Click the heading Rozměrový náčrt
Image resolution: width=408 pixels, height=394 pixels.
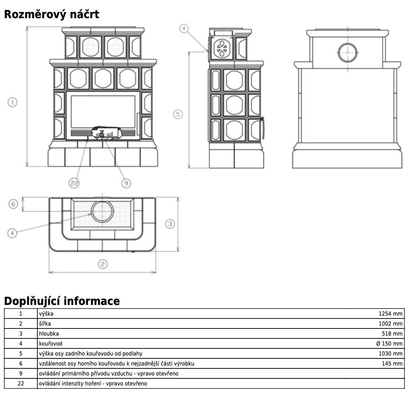pyautogui.click(x=51, y=15)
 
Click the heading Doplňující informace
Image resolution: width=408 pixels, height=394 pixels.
pyautogui.click(x=62, y=301)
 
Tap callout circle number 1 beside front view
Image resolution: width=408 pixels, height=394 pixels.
pyautogui.click(x=12, y=102)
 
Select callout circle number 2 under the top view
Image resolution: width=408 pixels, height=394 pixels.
pyautogui.click(x=103, y=264)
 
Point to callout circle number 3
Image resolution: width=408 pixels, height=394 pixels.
pyautogui.click(x=170, y=224)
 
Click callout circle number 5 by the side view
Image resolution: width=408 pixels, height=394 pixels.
pyautogui.click(x=179, y=114)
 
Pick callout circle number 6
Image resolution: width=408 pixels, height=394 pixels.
pyautogui.click(x=13, y=204)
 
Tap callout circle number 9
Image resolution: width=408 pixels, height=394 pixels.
pyautogui.click(x=126, y=183)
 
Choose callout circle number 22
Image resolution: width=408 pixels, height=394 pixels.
pyautogui.click(x=74, y=183)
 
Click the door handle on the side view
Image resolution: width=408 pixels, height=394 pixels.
pyautogui.click(x=263, y=128)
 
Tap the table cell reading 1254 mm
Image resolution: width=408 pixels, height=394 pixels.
pyautogui.click(x=391, y=314)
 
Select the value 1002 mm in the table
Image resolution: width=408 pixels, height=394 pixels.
pyautogui.click(x=391, y=324)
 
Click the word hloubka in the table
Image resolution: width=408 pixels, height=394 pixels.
pyautogui.click(x=49, y=334)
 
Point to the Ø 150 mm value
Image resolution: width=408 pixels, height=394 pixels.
pyautogui.click(x=389, y=344)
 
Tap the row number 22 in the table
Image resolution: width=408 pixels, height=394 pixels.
pyautogui.click(x=21, y=384)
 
